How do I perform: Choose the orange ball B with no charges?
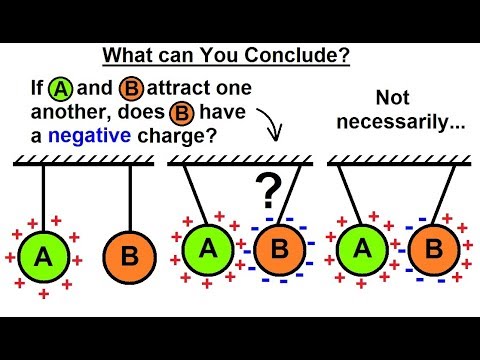[x=128, y=257]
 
